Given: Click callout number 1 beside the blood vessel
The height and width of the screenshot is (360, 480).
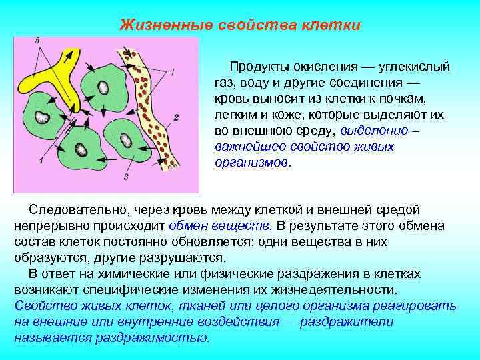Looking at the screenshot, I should pyautogui.click(x=173, y=72).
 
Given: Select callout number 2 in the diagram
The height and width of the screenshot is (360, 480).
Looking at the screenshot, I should pyautogui.click(x=175, y=117).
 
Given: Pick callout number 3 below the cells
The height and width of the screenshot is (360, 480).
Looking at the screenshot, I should pyautogui.click(x=125, y=177).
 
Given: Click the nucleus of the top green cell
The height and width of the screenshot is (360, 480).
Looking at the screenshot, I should pyautogui.click(x=103, y=87).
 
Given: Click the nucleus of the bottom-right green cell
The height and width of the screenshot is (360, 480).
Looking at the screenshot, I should pyautogui.click(x=125, y=139).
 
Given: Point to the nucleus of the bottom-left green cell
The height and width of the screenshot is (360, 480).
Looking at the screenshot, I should pyautogui.click(x=80, y=150).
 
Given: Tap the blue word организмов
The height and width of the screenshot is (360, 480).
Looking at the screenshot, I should pyautogui.click(x=251, y=163).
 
